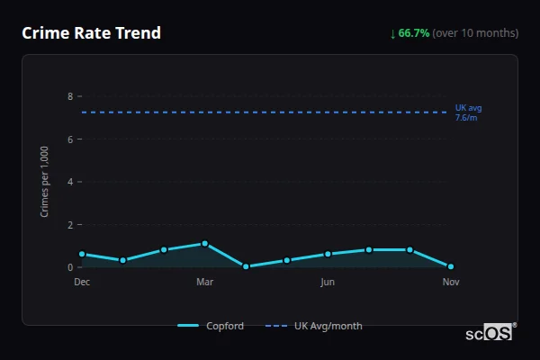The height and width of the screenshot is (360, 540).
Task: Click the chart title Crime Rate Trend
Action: [91, 33]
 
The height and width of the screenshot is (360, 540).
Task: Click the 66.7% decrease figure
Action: [414, 33]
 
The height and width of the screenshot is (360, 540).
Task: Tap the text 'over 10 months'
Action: [475, 33]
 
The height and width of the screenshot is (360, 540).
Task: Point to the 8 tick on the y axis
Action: [69, 96]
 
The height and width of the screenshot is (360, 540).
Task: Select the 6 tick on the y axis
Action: [69, 139]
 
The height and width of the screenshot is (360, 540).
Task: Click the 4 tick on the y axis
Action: [69, 182]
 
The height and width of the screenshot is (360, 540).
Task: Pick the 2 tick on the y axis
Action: [69, 225]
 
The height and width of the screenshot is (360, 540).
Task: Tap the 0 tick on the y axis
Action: [69, 267]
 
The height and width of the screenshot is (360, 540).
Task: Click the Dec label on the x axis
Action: [82, 282]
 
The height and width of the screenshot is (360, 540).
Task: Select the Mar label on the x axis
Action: [205, 282]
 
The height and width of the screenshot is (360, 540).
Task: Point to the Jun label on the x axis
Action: [328, 282]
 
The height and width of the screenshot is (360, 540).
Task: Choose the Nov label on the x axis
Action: [451, 282]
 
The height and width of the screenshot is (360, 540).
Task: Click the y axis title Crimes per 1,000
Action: [45, 182]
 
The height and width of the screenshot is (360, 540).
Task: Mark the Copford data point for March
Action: [205, 244]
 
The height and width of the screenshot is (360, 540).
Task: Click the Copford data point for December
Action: [82, 255]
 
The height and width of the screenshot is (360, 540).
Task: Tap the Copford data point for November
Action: [451, 267]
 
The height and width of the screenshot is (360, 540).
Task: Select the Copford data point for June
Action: [328, 255]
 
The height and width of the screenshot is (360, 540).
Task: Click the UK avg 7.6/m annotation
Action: [468, 112]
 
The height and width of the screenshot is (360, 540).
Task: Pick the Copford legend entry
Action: [211, 326]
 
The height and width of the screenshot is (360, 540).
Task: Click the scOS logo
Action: [490, 332]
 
